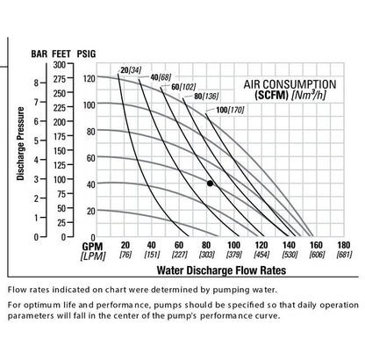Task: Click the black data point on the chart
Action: (x=210, y=183)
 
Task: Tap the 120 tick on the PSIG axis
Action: (x=87, y=79)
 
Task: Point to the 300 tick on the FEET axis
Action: (x=59, y=64)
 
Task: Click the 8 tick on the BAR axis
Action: (x=35, y=83)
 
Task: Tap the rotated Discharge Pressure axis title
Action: (x=20, y=151)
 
